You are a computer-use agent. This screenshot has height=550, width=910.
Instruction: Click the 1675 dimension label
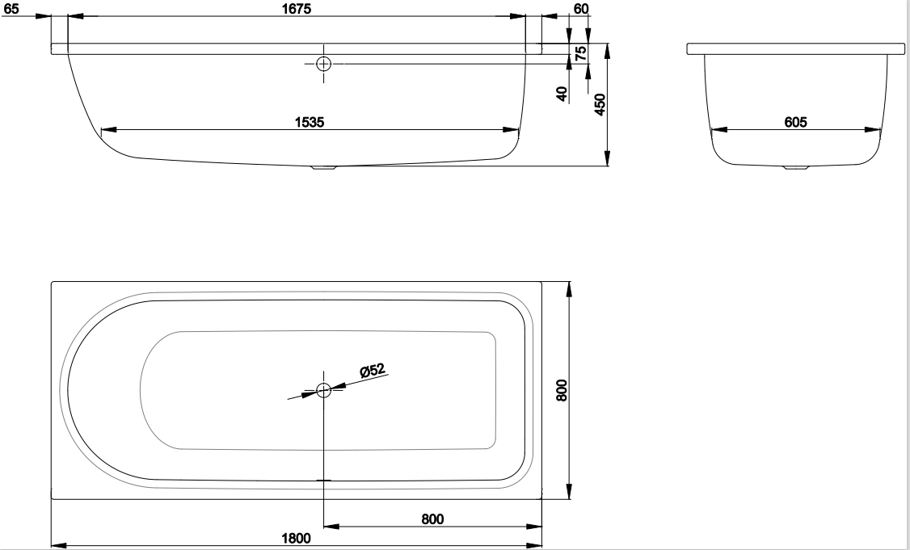point(297,8)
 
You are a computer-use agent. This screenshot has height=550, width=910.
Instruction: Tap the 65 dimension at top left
point(11,9)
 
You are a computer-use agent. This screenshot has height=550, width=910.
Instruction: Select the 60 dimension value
point(581,8)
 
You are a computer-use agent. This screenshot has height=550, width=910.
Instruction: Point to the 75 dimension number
point(580,53)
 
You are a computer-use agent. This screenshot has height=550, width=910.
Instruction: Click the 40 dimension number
point(562,94)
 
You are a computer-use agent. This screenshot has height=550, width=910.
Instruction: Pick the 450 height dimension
point(600,104)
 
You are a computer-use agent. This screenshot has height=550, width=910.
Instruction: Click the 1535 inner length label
point(310,122)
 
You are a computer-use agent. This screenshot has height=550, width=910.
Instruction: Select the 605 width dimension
point(796,122)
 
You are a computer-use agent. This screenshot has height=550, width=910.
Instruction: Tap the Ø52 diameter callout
point(373,370)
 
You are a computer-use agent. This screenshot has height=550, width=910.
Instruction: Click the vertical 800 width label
point(561,390)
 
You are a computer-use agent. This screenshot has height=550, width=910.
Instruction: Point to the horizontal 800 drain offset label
point(432,519)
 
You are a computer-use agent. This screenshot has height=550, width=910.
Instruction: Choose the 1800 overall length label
point(296,539)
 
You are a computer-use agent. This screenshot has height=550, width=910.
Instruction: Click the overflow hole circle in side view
point(324,64)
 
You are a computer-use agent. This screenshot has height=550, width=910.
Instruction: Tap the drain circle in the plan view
point(324,390)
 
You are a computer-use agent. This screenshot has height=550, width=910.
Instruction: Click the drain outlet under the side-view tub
point(324,168)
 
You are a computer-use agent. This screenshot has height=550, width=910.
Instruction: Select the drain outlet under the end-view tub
point(796,168)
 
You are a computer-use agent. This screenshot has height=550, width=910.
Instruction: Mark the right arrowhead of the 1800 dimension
point(534,545)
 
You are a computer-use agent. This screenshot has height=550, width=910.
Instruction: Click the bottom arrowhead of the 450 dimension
point(608,158)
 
